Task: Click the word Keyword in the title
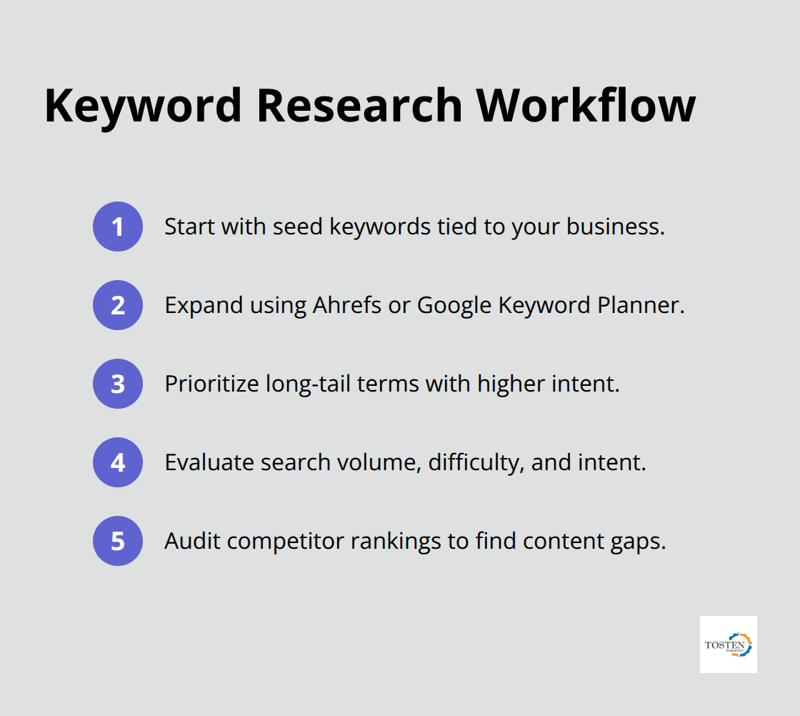tap(141, 106)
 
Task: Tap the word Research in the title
tap(359, 106)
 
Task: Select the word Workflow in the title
tap(586, 106)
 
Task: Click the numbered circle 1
tap(118, 227)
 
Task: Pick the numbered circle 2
tap(118, 305)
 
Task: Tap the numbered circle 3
tap(118, 384)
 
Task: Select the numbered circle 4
tap(118, 462)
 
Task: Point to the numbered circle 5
tap(118, 541)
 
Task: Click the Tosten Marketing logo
tap(728, 645)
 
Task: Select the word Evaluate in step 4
tap(209, 462)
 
